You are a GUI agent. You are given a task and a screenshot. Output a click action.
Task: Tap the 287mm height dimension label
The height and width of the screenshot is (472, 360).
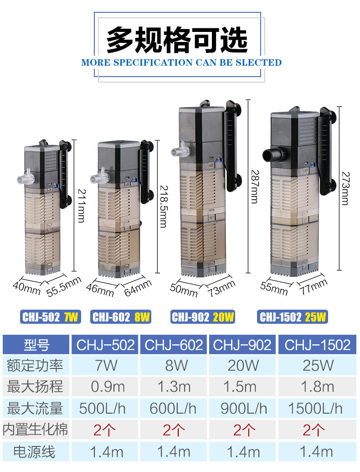[x=255, y=187]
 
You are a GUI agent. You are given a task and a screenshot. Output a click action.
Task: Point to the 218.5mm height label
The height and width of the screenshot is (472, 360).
[x=164, y=206]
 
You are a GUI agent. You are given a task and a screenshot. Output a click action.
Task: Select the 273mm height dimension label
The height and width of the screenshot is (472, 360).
[x=345, y=188]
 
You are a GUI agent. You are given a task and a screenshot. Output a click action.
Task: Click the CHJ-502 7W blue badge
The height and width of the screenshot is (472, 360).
[x=51, y=317]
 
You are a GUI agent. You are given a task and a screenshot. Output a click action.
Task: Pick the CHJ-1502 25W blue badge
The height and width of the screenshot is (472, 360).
[x=293, y=317]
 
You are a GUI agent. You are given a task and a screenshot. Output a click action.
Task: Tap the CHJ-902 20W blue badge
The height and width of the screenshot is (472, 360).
[x=203, y=317]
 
